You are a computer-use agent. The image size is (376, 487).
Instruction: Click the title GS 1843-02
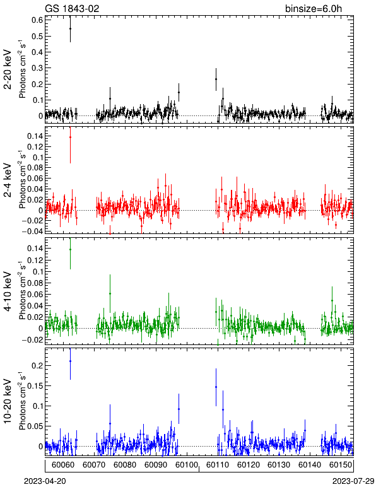click(x=72, y=8)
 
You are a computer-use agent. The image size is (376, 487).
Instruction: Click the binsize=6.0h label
click(x=314, y=8)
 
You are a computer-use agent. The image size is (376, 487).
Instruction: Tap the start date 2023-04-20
click(x=45, y=481)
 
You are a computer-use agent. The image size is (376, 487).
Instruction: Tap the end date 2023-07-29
click(x=353, y=481)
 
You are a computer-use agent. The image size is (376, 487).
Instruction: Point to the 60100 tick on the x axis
click(x=186, y=465)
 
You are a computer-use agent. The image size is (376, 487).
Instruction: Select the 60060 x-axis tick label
click(x=63, y=465)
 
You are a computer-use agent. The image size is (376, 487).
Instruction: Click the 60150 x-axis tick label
click(x=340, y=465)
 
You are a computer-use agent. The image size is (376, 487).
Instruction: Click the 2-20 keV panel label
click(x=8, y=69)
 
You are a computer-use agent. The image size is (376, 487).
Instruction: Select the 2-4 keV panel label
click(x=8, y=180)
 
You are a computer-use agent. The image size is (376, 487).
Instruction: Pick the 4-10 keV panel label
click(x=8, y=291)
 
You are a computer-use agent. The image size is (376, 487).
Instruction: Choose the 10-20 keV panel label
click(x=8, y=401)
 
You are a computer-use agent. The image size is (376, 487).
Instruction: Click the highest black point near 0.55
click(x=70, y=28)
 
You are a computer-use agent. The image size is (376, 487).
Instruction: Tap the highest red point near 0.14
click(x=70, y=137)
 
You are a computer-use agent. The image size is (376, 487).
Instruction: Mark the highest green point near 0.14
click(x=70, y=249)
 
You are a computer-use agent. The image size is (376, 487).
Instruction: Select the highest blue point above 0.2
click(x=70, y=361)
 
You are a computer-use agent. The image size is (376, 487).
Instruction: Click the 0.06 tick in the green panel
click(x=35, y=294)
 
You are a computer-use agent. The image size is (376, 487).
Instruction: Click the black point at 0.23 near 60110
click(x=216, y=79)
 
